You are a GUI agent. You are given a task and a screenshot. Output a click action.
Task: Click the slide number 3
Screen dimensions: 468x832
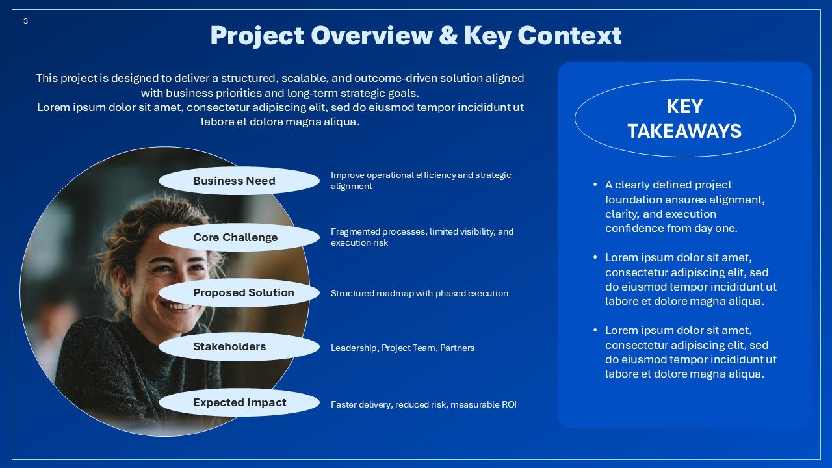25,21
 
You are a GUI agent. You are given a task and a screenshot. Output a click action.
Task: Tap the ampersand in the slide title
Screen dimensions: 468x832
448,35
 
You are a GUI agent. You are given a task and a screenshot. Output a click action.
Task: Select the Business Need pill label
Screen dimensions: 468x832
234,181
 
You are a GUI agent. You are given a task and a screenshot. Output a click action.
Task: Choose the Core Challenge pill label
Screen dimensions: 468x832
235,237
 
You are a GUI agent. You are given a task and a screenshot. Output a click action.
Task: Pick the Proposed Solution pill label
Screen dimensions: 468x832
243,292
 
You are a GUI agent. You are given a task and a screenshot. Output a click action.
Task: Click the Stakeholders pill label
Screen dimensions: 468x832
229,346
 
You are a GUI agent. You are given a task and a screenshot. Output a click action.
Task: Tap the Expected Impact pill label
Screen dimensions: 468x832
239,402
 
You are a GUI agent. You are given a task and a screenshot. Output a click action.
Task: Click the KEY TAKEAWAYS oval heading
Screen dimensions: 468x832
684,118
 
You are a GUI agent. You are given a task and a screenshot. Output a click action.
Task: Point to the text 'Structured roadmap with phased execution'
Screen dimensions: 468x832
419,293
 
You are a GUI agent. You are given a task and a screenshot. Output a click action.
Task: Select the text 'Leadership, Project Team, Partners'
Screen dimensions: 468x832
402,348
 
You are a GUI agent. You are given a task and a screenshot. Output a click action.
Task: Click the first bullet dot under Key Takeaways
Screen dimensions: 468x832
595,185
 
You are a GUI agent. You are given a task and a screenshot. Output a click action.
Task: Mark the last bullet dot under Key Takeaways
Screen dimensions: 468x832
595,330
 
